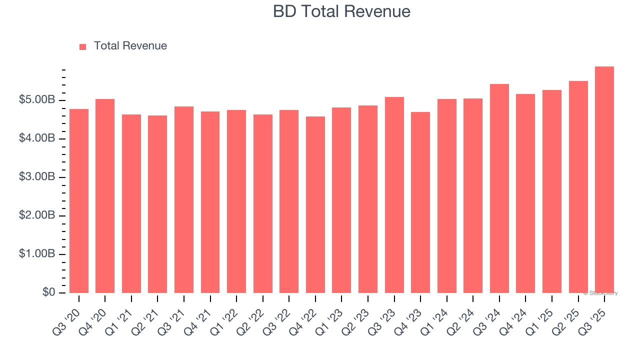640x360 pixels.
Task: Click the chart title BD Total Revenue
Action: tap(341, 11)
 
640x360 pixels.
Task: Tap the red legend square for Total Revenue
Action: tap(83, 46)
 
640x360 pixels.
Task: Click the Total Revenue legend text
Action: tap(130, 46)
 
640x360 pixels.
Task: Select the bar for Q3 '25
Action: tap(604, 180)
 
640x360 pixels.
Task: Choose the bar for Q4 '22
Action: tap(315, 205)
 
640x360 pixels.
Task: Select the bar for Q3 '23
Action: tap(394, 195)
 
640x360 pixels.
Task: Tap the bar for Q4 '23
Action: tap(420, 202)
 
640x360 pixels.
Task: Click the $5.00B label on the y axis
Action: tap(37, 100)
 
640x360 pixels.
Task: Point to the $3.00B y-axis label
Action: tap(37, 177)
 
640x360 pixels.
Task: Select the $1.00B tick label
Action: tap(37, 254)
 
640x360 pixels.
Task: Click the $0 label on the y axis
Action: tap(48, 292)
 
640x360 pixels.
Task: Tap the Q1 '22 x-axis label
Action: tap(224, 316)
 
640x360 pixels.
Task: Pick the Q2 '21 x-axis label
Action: tap(145, 316)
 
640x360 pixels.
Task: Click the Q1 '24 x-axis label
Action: tap(434, 316)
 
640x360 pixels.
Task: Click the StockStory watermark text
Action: tap(600, 293)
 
